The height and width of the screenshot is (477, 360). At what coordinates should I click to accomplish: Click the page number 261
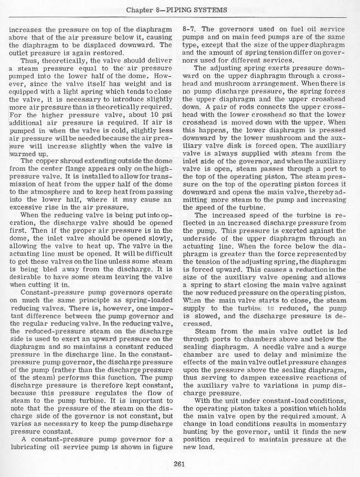[x=179, y=463]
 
